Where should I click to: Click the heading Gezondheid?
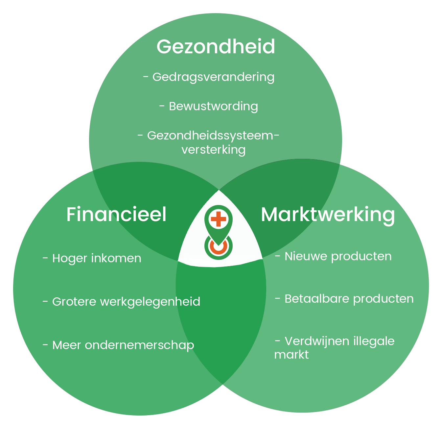tap(216, 46)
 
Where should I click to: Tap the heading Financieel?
tap(116, 215)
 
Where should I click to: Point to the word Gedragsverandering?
tap(213, 77)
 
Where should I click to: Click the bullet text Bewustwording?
tap(213, 106)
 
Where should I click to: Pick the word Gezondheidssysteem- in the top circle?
tap(213, 136)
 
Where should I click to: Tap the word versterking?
tap(214, 150)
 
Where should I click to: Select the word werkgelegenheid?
tap(150, 302)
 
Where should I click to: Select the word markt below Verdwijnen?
tap(291, 355)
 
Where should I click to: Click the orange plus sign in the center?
tap(219, 219)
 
